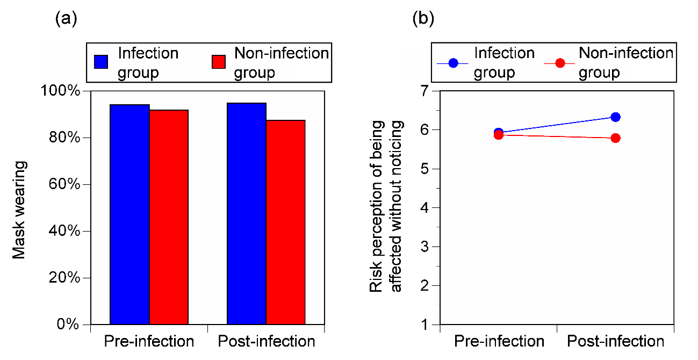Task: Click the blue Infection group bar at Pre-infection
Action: tap(129, 215)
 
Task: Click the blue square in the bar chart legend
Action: tap(101, 62)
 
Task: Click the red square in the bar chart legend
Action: tap(219, 62)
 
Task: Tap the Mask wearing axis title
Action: tap(19, 210)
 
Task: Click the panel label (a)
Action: tap(66, 19)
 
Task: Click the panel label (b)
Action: tap(423, 19)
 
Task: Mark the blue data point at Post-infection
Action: tap(615, 117)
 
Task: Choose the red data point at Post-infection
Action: tap(615, 138)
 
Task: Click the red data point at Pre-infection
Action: tap(499, 135)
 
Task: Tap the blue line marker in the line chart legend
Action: tap(453, 63)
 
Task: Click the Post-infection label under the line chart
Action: tap(615, 341)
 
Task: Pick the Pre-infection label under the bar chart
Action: tap(149, 341)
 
